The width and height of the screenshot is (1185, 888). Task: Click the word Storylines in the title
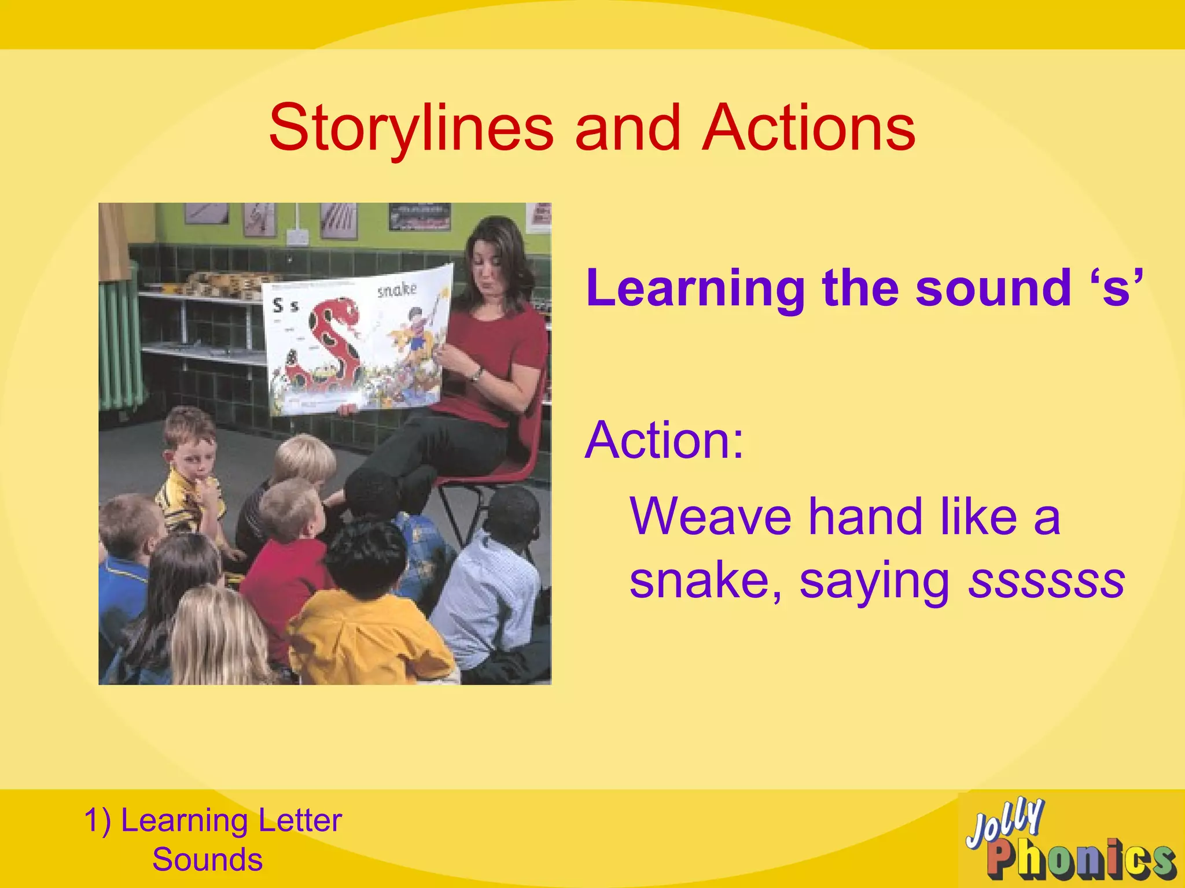(411, 128)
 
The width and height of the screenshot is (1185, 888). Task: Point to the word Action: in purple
(664, 441)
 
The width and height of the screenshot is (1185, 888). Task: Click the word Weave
(711, 516)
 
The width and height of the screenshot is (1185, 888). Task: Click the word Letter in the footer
(300, 820)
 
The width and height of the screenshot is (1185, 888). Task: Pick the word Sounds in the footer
(207, 860)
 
